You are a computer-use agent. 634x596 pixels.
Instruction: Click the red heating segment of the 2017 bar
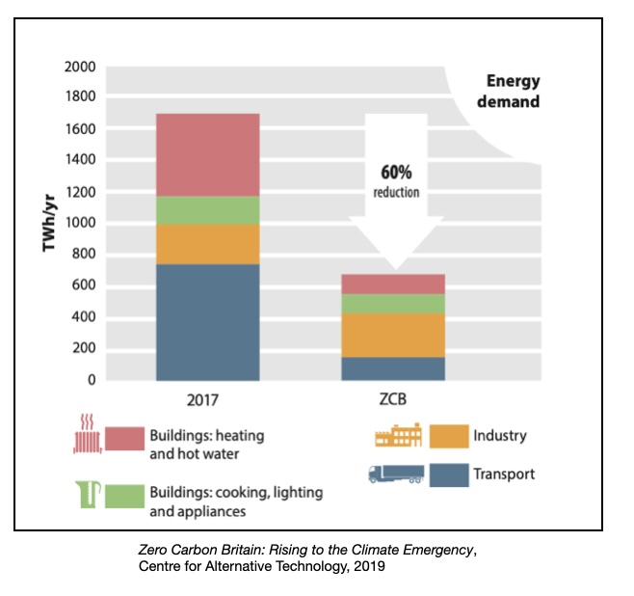point(207,154)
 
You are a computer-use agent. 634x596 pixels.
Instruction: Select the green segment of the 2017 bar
point(207,210)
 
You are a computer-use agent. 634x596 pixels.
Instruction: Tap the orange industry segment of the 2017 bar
point(207,244)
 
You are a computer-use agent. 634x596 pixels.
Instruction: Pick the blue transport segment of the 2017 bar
point(207,321)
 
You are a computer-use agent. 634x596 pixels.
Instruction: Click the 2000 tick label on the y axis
point(80,68)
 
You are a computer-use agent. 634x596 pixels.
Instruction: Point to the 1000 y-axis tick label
point(80,224)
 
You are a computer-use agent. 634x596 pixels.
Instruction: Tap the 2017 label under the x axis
point(207,398)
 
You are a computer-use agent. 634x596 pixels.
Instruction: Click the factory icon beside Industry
point(398,436)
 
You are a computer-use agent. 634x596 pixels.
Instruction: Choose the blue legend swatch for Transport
point(448,474)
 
